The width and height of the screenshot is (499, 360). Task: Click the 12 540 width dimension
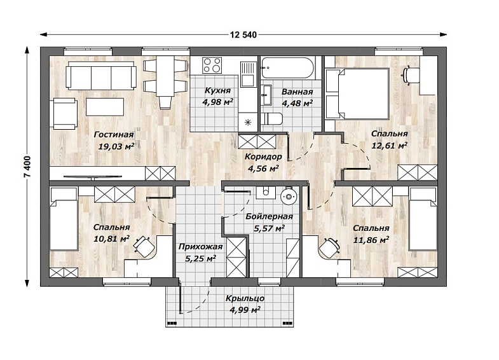[x=243, y=35]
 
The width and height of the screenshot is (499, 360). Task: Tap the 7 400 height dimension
[x=28, y=167]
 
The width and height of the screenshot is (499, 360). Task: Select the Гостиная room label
[x=114, y=135]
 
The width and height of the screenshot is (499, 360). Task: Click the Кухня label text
[x=217, y=91]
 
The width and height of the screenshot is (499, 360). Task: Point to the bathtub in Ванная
[x=287, y=68]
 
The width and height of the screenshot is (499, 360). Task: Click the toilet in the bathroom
[x=271, y=119]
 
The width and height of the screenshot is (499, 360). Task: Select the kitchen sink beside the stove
[x=248, y=74]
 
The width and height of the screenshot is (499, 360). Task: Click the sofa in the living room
[x=101, y=76]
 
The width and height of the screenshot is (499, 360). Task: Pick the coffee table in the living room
[x=105, y=107]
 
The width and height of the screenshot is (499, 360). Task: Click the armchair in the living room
[x=65, y=114]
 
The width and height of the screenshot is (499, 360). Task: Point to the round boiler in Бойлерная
[x=289, y=197]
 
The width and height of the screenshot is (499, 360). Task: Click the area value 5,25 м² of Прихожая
[x=200, y=258]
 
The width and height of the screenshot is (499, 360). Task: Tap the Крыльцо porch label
[x=245, y=298]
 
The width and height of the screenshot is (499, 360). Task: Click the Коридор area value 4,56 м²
[x=263, y=168]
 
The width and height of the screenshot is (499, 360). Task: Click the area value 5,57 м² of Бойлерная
[x=269, y=228]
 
